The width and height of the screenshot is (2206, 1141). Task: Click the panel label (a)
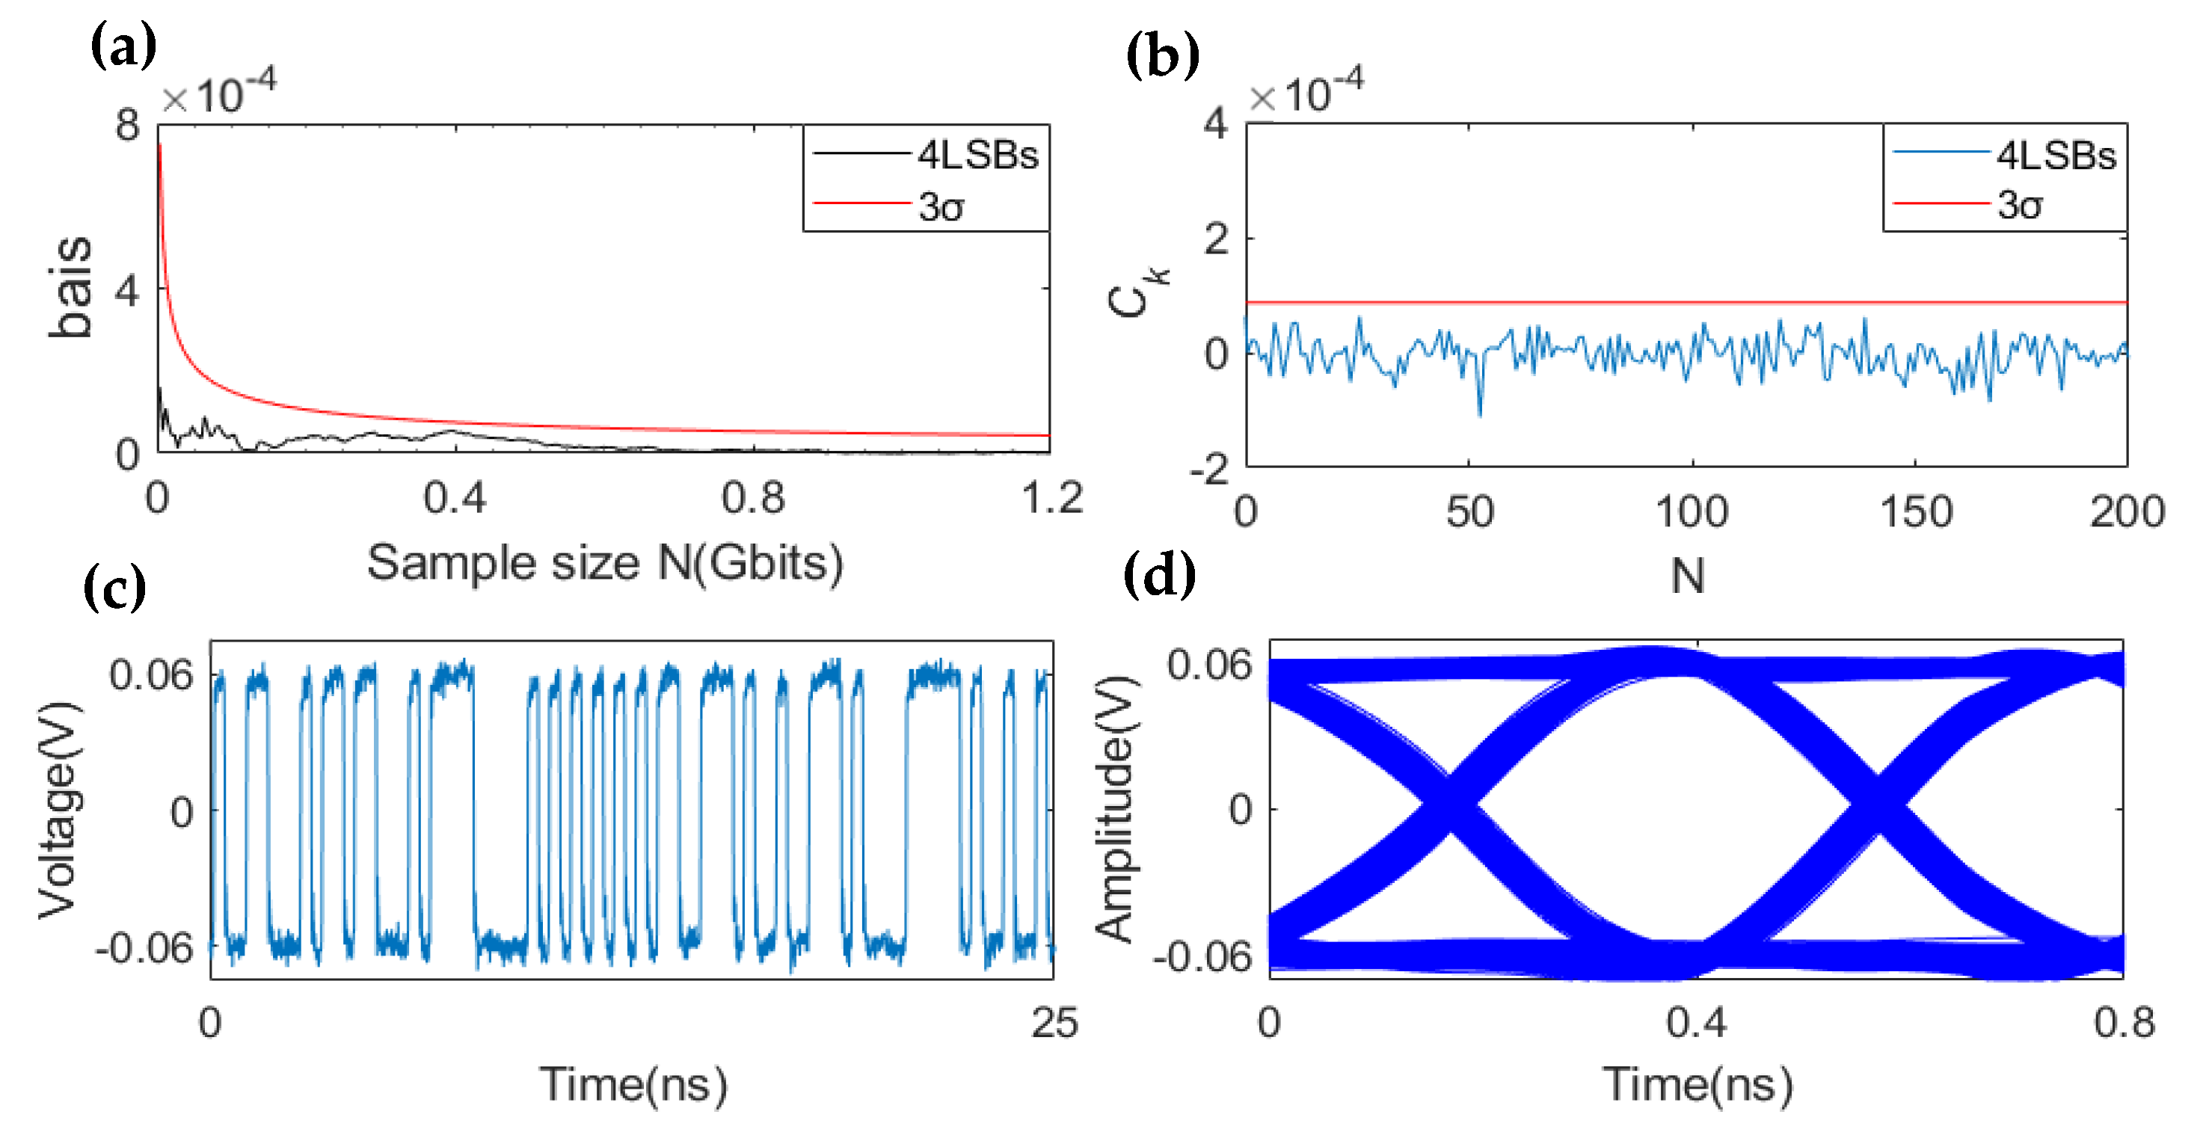coord(123,46)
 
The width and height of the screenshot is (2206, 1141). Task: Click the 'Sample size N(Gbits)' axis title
coord(605,563)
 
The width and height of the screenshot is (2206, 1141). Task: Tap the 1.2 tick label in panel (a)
coord(1051,498)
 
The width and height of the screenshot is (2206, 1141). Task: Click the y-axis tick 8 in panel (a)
coord(128,126)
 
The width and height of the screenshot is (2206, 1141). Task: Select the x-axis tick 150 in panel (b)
coord(1916,513)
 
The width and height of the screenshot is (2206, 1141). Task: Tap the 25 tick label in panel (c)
coord(1054,1023)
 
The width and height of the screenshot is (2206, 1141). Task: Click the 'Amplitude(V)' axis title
coord(1116,809)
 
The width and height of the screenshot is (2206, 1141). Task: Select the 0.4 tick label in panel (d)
coord(1695,1023)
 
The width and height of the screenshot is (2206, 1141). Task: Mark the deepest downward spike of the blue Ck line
coord(1481,414)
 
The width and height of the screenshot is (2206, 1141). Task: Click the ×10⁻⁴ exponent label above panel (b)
coord(1305,93)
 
